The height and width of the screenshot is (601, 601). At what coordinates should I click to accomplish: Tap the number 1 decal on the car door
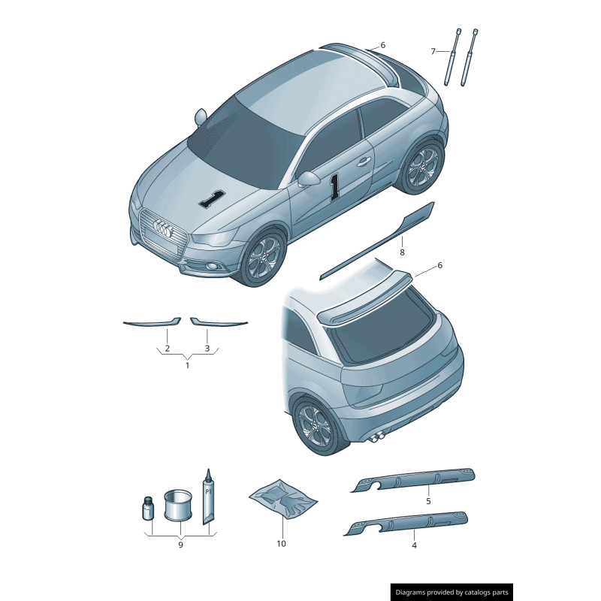point(334,186)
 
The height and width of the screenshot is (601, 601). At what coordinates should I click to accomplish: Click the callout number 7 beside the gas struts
point(433,51)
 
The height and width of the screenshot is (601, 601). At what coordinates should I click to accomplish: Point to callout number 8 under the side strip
point(402,252)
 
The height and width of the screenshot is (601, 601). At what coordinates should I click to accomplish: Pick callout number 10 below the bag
point(281,543)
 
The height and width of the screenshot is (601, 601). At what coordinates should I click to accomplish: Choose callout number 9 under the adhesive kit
point(180,545)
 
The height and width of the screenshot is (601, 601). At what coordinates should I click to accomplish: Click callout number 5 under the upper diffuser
point(428,500)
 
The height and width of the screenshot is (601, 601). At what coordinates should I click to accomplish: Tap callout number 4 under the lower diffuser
point(414,545)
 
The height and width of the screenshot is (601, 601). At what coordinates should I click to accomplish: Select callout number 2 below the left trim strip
point(167,349)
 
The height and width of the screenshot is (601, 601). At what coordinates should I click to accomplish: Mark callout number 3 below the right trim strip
point(207,349)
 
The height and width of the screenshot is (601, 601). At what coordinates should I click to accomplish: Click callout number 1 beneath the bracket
point(187,365)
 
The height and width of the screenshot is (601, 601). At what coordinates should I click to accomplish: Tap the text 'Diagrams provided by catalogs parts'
point(452,592)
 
